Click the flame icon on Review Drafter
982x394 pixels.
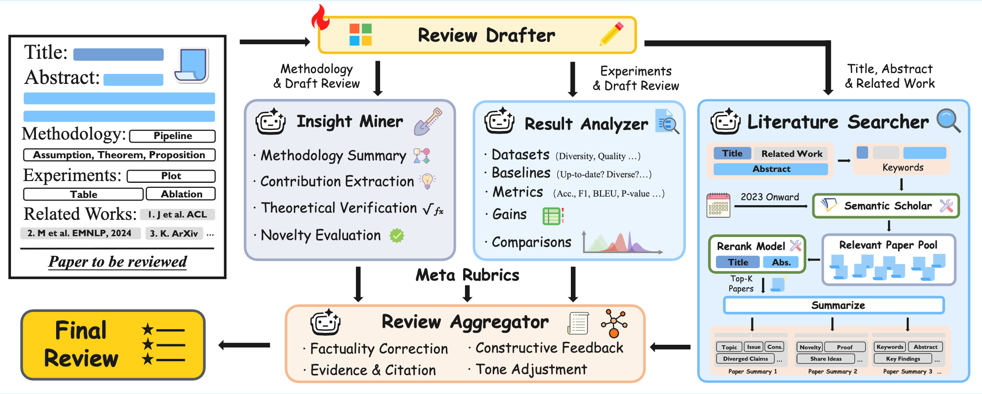[320, 18]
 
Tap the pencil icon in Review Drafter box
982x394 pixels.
[611, 34]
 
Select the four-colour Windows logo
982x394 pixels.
[360, 35]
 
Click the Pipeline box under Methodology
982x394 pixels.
[172, 136]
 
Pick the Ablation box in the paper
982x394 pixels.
[181, 194]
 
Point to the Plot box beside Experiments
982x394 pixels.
[171, 176]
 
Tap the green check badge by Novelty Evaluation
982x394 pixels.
[397, 235]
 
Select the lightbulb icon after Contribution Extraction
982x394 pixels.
[427, 181]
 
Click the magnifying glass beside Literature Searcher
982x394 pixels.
[948, 120]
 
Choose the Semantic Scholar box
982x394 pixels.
[886, 206]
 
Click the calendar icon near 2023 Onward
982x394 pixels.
[718, 205]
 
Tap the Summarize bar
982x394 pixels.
[834, 305]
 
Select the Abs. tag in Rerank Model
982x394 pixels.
[781, 262]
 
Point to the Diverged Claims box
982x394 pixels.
[745, 359]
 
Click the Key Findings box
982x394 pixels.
[903, 359]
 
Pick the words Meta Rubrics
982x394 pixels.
[467, 275]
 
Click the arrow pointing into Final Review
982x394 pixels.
[244, 345]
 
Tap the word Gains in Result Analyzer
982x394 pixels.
[509, 214]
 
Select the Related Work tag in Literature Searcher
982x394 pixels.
[792, 154]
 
